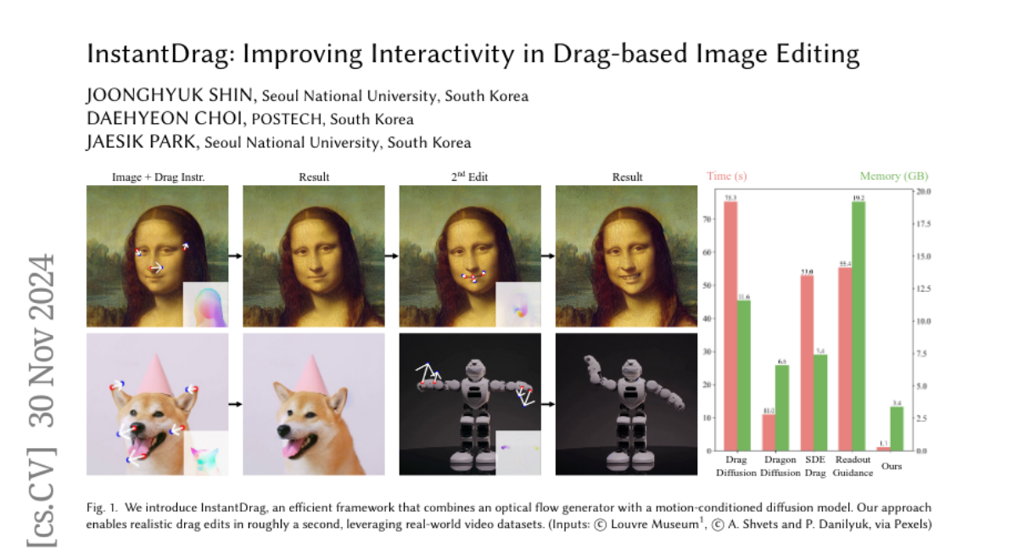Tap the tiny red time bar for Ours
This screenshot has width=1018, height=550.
[883, 448]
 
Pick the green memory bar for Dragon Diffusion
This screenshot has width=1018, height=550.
[781, 407]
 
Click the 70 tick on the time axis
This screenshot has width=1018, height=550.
[710, 219]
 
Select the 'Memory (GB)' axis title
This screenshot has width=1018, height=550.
[893, 177]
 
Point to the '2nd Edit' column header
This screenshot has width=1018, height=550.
[470, 177]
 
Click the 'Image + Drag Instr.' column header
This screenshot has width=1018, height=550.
[158, 177]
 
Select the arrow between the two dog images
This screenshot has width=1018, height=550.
[236, 404]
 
